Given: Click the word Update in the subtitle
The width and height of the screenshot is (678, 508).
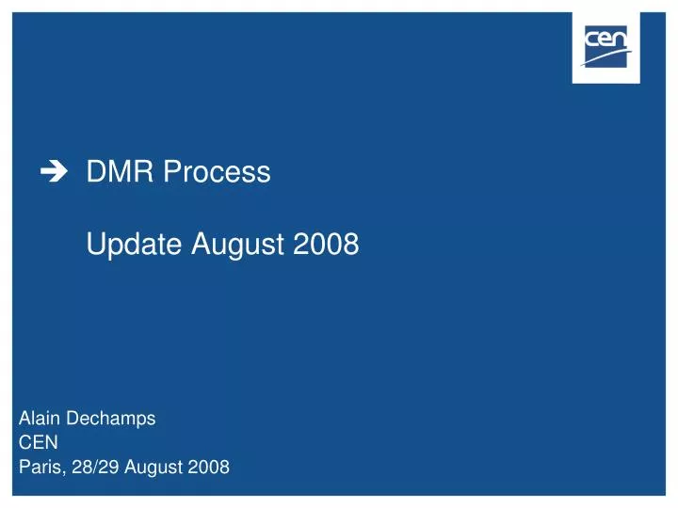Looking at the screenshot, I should pos(136,246).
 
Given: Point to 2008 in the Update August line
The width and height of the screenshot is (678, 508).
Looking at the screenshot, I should pos(326,245).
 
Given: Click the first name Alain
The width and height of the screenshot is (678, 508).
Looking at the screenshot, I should pos(41,420).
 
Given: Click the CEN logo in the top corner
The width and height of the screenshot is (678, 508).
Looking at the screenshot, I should pos(605,47).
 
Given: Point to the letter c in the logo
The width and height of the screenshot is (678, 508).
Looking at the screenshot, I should pos(592,40).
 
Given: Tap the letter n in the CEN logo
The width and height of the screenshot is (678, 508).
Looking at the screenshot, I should pos(621,40).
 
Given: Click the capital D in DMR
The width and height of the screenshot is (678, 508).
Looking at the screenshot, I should pos(96,172).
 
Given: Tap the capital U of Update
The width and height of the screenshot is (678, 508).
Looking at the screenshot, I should pos(96,246).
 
